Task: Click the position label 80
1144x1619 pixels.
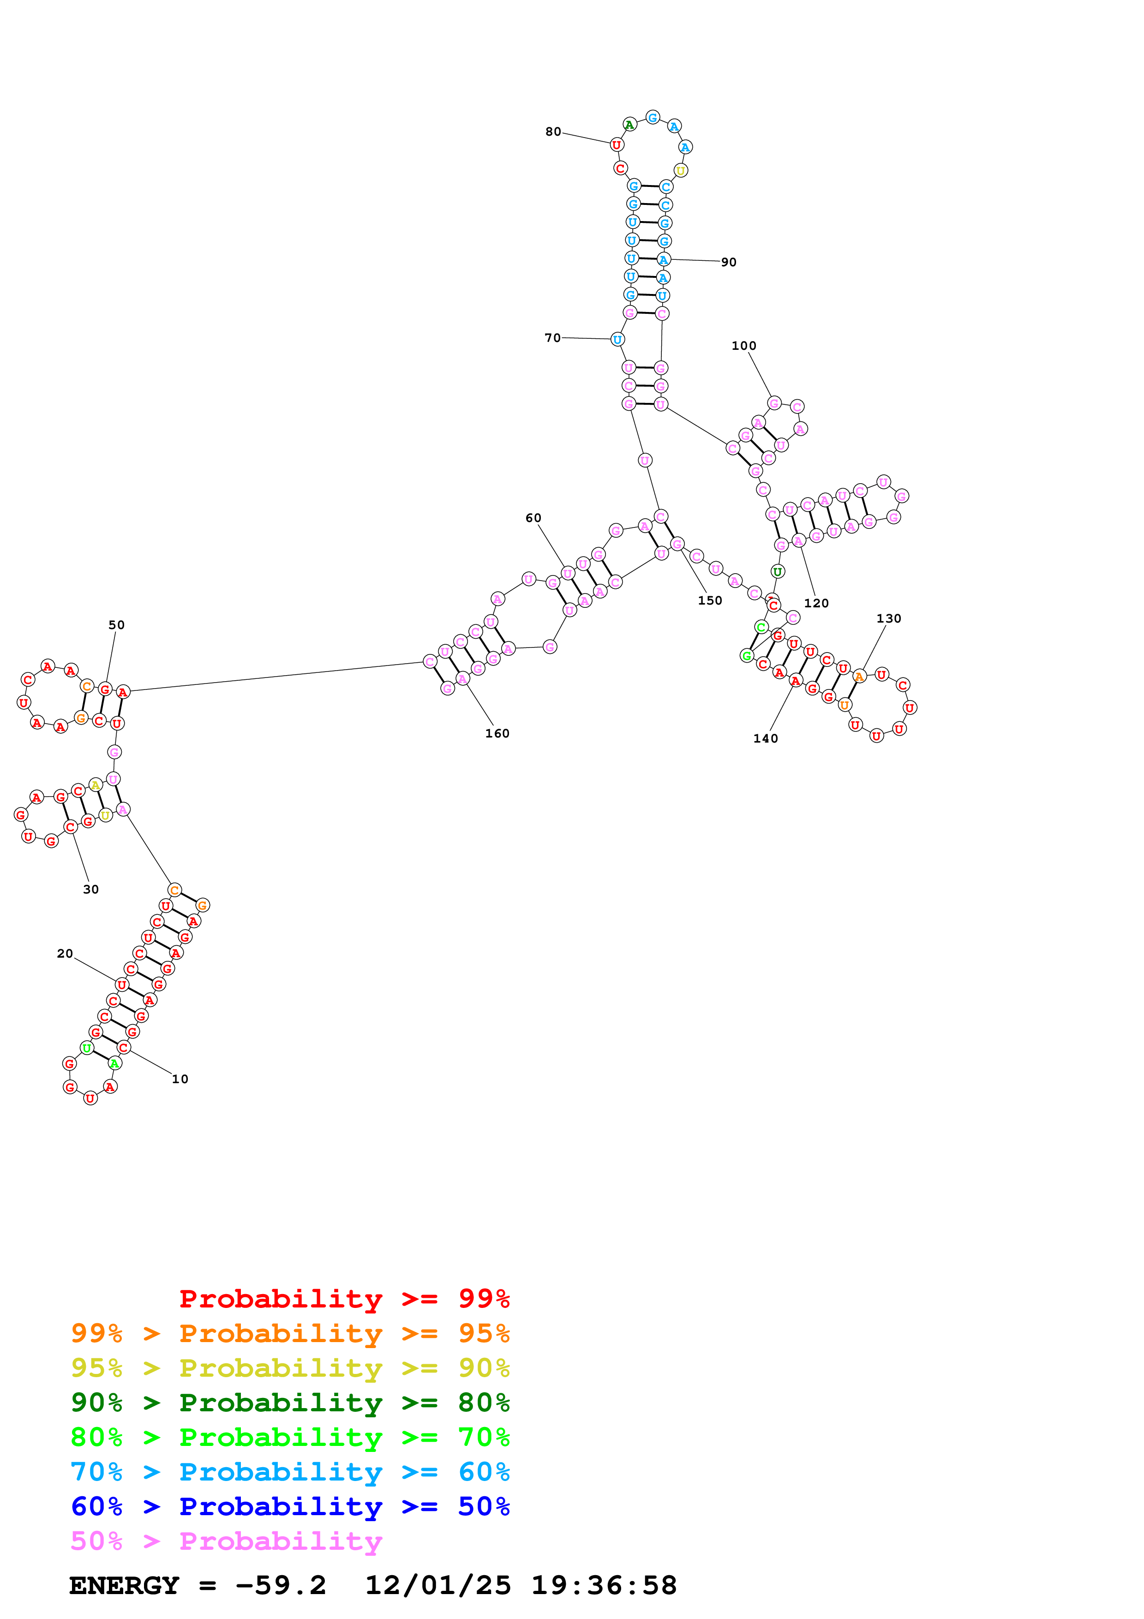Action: point(553,132)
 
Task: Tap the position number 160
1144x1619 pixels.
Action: point(497,733)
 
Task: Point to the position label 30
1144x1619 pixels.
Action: point(91,889)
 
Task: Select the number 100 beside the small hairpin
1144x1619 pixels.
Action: point(743,346)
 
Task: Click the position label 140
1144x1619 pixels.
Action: point(766,738)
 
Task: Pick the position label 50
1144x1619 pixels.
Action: point(116,625)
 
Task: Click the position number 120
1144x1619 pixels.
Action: point(816,603)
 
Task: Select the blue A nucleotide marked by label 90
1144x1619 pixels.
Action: point(663,259)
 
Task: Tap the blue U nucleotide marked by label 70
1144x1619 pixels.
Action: point(617,339)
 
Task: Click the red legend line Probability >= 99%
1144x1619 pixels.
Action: point(344,1298)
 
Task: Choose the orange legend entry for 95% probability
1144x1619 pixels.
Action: point(290,1333)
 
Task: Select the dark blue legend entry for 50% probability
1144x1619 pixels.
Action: point(290,1507)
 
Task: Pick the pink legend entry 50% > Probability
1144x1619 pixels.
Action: point(226,1541)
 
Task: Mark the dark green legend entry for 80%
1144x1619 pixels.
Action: point(290,1403)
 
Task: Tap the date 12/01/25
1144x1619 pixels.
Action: point(438,1586)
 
